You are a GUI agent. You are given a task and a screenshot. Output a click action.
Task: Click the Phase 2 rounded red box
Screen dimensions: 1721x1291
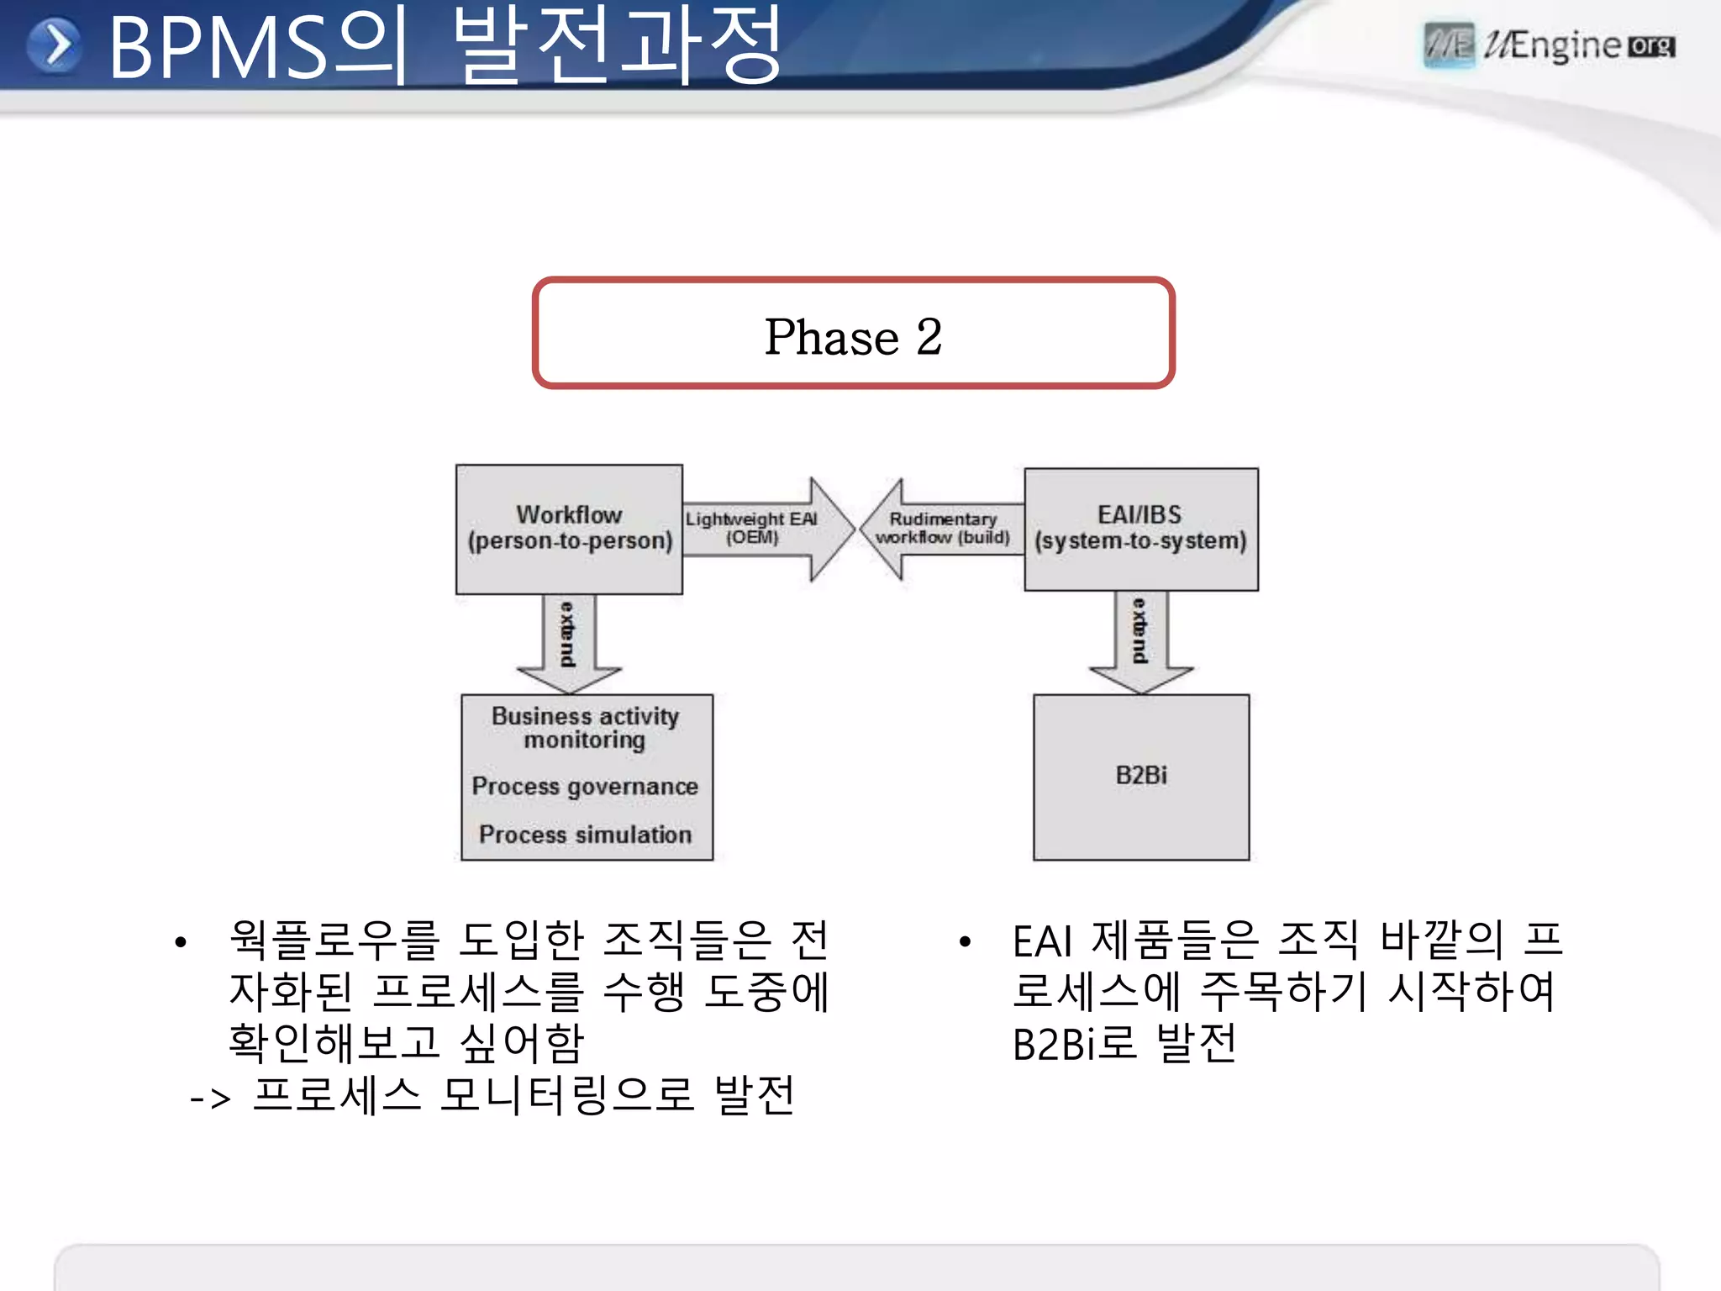(853, 334)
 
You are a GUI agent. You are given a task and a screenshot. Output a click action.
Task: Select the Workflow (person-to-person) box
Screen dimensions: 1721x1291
(569, 529)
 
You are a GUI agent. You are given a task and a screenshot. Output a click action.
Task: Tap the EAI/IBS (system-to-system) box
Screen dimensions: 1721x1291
(1140, 529)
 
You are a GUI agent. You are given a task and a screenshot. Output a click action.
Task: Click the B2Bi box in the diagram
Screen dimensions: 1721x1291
(1140, 776)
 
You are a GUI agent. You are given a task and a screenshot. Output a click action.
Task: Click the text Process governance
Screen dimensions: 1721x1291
(585, 787)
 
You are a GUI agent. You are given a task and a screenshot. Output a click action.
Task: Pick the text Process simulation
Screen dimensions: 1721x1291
(585, 835)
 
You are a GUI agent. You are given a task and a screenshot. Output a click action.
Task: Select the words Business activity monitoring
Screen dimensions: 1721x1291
(585, 728)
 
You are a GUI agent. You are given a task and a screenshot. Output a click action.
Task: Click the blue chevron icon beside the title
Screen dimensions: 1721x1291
(55, 45)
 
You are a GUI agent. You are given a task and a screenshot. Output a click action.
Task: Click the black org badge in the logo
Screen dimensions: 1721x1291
(1651, 46)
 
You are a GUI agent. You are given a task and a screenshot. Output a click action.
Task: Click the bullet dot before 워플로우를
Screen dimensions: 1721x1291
(180, 942)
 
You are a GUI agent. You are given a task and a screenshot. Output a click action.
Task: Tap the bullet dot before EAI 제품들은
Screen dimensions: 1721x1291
(965, 942)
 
